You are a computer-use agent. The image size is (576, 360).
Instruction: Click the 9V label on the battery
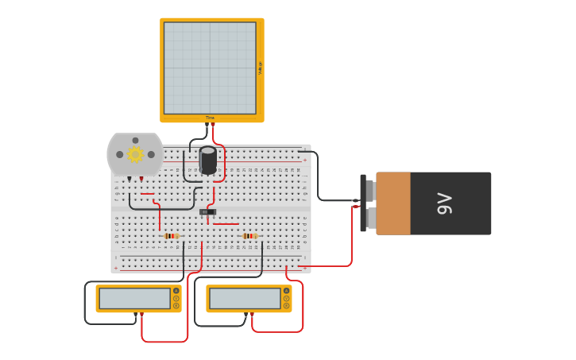pos(444,203)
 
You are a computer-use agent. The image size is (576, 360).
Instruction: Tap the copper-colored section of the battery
pos(393,203)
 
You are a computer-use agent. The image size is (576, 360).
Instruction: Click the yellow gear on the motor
pos(135,154)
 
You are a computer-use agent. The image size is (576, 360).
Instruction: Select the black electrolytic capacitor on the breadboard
pos(208,160)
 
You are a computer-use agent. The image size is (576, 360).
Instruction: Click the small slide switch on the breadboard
pos(207,211)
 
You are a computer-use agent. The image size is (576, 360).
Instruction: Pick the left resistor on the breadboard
pos(171,236)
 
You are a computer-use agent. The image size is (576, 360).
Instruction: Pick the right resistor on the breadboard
pos(249,236)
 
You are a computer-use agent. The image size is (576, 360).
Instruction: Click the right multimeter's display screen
pos(245,299)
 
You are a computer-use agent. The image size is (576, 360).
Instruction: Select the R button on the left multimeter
pos(176,305)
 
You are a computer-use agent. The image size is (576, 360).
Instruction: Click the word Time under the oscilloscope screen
pos(210,118)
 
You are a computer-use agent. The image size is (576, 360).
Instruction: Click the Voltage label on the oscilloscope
pos(260,68)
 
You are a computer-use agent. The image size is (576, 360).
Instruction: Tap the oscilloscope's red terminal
pos(213,124)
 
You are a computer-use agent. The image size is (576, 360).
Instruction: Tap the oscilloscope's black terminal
pos(207,124)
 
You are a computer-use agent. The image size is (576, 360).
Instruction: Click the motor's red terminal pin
pos(141,179)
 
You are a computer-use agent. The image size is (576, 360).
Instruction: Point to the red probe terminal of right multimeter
pos(252,315)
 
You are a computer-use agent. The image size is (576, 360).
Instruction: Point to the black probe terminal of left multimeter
pos(136,315)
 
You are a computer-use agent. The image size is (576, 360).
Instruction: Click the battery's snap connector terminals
pos(369,203)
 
